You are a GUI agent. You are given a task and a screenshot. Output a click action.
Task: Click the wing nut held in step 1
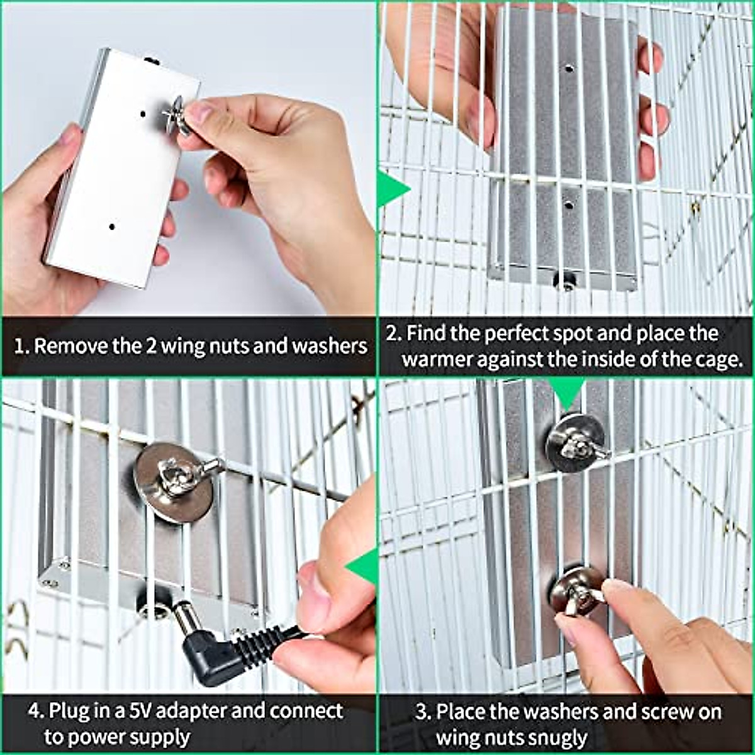tap(176, 116)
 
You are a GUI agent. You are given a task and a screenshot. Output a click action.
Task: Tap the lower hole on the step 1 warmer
tap(111, 227)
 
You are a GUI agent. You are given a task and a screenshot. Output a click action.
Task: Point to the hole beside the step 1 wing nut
tap(143, 115)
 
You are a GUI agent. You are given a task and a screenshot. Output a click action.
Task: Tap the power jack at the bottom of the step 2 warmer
tap(564, 281)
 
